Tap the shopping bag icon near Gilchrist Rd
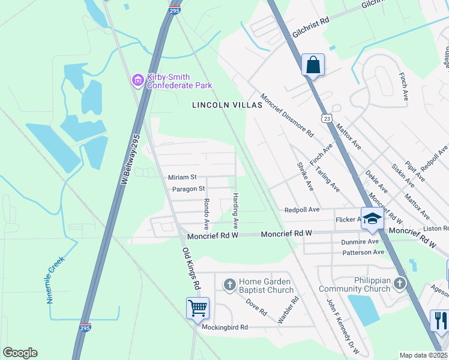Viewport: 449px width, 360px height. [313, 65]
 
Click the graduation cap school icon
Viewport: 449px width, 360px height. [372, 219]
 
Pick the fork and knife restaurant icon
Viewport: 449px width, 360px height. [441, 320]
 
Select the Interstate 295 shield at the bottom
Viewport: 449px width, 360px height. [85, 328]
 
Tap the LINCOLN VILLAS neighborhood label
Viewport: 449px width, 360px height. [228, 105]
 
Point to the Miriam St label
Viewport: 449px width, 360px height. [182, 177]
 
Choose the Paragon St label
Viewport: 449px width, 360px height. [188, 189]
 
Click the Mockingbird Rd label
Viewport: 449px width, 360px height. [224, 328]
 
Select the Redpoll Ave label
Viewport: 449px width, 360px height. [302, 210]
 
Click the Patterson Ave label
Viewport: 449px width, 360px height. [363, 253]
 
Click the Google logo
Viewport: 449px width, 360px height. [20, 353]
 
